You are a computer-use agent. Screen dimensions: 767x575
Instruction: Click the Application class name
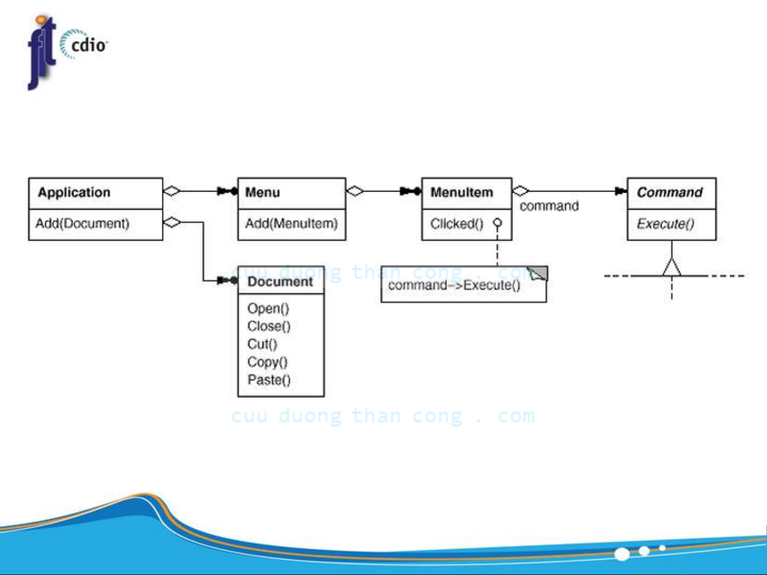click(x=74, y=193)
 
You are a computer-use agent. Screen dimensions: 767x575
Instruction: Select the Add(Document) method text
click(x=83, y=223)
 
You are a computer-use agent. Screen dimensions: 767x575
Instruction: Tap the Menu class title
click(x=262, y=193)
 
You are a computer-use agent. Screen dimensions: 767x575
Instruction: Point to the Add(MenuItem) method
click(x=292, y=223)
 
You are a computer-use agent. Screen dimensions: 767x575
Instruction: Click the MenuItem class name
click(x=461, y=193)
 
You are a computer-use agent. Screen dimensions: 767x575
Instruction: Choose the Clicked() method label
click(x=457, y=224)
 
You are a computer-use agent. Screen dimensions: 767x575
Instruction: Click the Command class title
click(x=670, y=193)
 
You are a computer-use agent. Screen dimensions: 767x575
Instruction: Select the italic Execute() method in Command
click(x=665, y=224)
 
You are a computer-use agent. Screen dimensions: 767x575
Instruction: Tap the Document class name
click(x=280, y=282)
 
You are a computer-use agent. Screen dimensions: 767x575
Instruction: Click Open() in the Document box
click(x=268, y=309)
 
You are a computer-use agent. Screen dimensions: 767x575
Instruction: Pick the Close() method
click(x=269, y=327)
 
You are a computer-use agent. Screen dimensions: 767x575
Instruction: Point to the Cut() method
click(x=262, y=344)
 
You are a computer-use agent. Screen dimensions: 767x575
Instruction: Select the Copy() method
click(x=267, y=362)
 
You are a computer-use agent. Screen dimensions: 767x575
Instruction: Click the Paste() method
click(x=269, y=380)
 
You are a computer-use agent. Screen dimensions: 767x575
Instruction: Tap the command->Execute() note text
click(x=454, y=286)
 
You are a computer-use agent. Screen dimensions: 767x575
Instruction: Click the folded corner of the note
click(x=538, y=273)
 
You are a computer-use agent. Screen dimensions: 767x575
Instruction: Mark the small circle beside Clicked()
click(x=498, y=223)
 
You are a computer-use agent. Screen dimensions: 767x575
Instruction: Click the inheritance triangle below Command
click(x=672, y=268)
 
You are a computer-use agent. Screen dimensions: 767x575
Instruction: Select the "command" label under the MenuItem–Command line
click(x=549, y=206)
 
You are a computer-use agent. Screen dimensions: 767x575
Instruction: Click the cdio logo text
click(x=88, y=45)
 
